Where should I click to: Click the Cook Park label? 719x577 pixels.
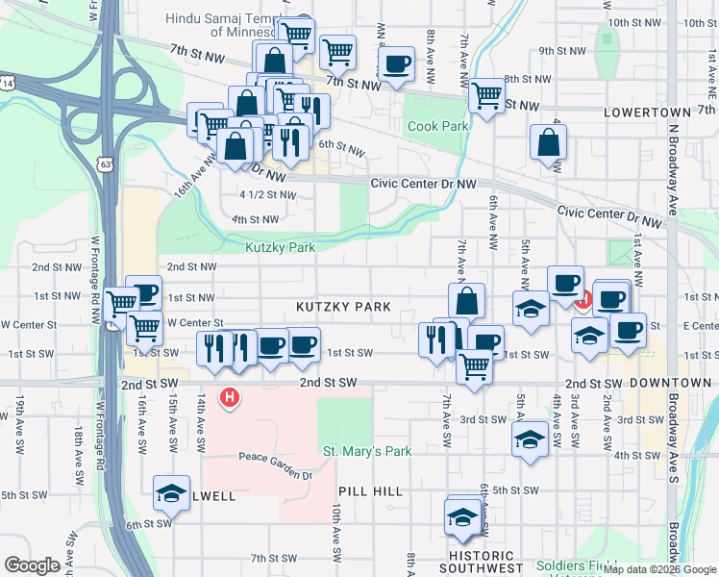coord(437,126)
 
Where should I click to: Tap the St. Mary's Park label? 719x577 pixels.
coord(367,451)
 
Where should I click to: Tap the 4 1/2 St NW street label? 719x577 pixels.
coord(268,194)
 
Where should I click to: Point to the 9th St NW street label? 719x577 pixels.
coord(558,51)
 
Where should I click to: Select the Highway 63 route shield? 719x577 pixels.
coord(105,164)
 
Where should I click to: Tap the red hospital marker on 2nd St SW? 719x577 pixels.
coord(229,396)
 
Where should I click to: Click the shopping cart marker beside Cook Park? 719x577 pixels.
coord(487,96)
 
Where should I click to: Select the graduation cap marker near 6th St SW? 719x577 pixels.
coord(171,493)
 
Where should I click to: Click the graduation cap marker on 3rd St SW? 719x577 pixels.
coord(529,439)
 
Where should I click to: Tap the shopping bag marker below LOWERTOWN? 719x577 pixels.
coord(547,143)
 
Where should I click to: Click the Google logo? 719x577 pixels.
coord(33,565)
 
